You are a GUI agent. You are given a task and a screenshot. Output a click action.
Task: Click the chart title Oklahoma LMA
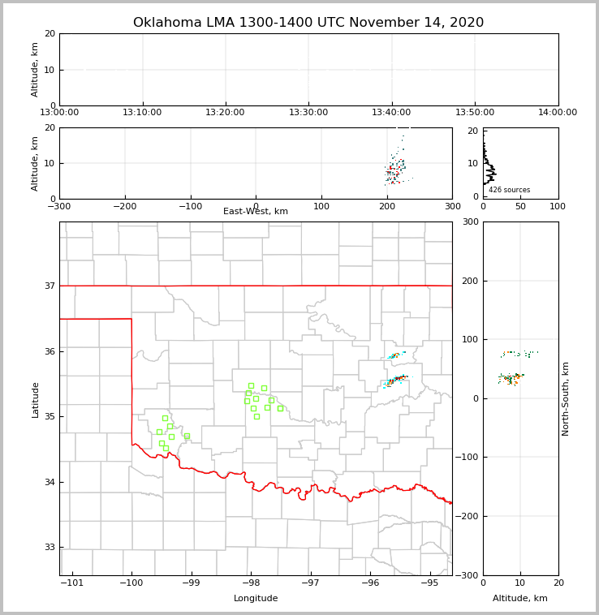pos(308,23)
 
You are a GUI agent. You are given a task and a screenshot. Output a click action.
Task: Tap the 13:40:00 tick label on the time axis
pos(391,113)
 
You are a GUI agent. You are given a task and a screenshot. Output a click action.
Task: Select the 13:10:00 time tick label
pos(143,113)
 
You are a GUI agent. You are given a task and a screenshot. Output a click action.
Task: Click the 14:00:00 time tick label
pos(558,113)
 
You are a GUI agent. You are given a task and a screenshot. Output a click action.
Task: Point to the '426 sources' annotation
pos(509,190)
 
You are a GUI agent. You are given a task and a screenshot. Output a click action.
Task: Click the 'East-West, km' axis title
pos(256,212)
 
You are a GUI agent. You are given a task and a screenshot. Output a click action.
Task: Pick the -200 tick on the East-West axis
pos(124,206)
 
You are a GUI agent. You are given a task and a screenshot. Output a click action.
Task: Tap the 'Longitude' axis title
pos(256,599)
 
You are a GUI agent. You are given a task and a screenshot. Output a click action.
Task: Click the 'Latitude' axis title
pos(36,399)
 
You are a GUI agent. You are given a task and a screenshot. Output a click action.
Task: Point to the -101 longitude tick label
pos(71,583)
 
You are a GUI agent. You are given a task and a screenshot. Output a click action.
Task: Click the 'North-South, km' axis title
pos(566,398)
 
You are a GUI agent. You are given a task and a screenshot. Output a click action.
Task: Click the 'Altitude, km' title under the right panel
pos(520,599)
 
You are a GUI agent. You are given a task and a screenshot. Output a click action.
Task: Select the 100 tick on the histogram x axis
pos(558,206)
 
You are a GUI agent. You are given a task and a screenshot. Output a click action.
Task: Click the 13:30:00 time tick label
pos(308,113)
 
